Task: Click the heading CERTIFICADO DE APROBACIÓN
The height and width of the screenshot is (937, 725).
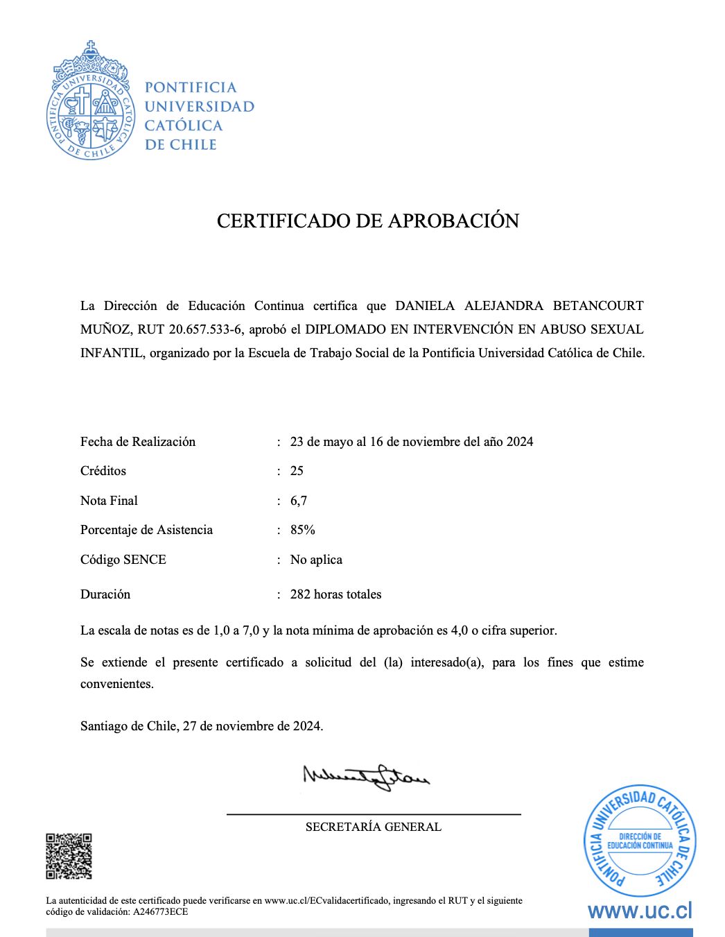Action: (x=367, y=221)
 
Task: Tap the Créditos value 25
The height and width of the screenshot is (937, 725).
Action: (x=297, y=471)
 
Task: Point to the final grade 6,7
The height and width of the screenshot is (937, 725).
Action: (x=298, y=501)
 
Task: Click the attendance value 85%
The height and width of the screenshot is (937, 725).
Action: (x=302, y=530)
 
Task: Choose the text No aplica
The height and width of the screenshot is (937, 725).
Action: (x=316, y=560)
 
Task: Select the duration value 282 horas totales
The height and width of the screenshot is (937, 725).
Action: (x=335, y=594)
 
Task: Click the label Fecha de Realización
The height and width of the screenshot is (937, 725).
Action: (x=138, y=442)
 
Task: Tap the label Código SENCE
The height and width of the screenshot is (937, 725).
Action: (x=123, y=560)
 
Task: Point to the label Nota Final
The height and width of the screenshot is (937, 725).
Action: (x=109, y=501)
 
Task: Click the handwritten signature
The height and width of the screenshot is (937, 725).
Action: (x=366, y=775)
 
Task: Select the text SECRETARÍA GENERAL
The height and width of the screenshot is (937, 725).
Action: (x=373, y=827)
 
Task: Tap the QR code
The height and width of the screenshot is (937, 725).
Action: (x=69, y=856)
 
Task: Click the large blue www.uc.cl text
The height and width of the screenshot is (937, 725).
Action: (x=640, y=911)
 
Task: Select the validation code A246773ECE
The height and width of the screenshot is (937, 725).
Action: (x=161, y=912)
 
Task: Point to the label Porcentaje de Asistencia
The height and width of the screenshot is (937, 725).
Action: (x=146, y=530)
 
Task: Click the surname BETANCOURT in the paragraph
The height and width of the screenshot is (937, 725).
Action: (x=598, y=306)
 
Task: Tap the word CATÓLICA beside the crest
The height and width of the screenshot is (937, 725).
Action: (x=183, y=126)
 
